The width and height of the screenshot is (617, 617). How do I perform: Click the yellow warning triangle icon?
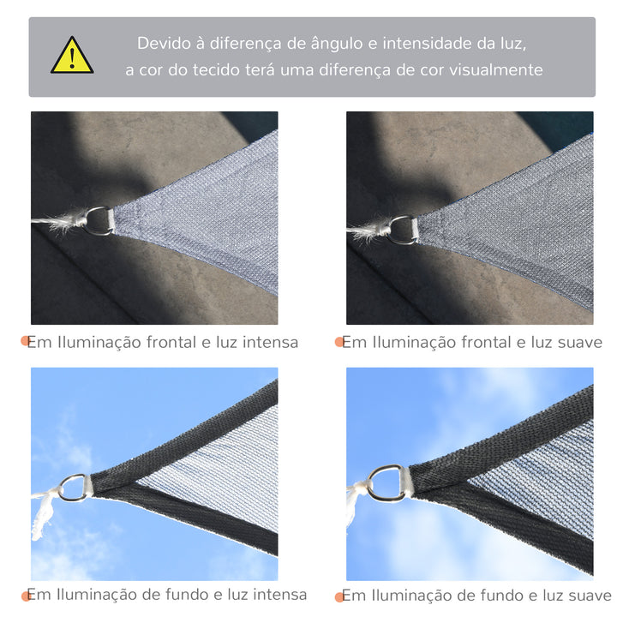point(72,56)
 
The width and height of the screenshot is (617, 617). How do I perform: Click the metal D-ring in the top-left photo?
point(99,220)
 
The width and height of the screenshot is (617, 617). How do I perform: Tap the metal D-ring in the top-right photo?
point(402,229)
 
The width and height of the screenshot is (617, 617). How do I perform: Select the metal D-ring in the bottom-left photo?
point(74,487)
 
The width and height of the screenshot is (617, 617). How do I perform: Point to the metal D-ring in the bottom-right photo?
point(388,482)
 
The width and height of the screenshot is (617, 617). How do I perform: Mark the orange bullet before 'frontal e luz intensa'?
point(27,343)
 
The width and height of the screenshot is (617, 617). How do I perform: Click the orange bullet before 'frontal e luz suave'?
point(339,343)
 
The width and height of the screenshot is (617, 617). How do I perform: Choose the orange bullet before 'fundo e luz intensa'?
point(27,596)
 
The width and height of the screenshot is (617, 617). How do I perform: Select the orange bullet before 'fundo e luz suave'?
point(339,596)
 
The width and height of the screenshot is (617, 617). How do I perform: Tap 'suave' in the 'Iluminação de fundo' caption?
point(587,595)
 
